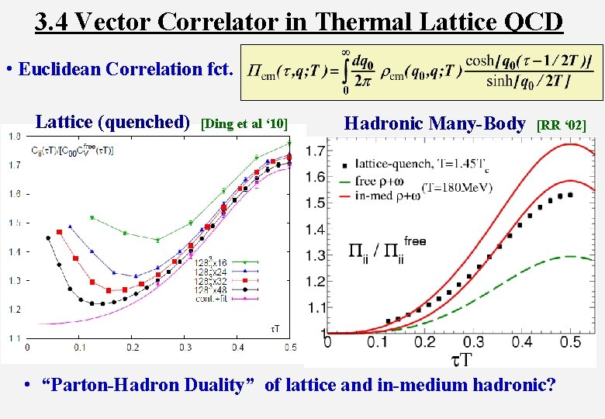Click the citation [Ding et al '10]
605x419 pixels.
click(x=244, y=123)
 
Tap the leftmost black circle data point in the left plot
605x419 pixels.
click(x=48, y=238)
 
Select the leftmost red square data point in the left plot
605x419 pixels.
click(x=59, y=232)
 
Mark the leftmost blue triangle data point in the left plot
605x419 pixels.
click(x=70, y=227)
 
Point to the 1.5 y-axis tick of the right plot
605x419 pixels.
click(x=314, y=203)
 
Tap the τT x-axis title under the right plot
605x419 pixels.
click(x=459, y=359)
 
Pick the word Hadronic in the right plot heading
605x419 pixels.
click(x=385, y=123)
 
